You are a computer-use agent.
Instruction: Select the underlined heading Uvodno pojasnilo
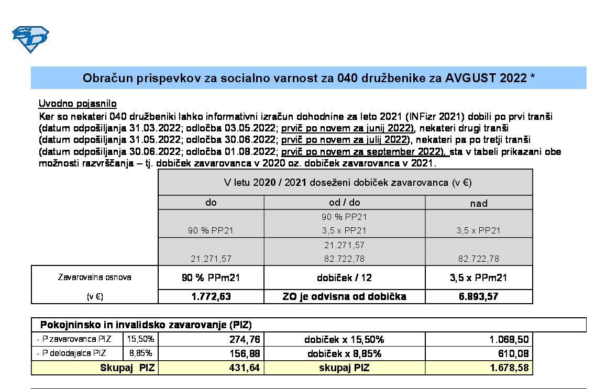78,104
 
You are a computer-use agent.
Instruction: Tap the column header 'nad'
479,203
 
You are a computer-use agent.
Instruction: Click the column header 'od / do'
344,203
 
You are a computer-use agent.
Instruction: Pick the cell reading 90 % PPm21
211,277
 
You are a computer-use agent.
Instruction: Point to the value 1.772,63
211,296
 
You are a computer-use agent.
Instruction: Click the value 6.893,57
478,296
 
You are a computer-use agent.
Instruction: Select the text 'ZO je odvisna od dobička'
344,296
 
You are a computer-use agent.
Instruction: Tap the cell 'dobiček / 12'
344,277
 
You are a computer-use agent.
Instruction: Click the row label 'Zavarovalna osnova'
94,277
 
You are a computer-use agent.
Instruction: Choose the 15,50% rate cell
140,339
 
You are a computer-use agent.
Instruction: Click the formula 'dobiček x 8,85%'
344,354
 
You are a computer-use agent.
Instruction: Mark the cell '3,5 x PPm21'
478,277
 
